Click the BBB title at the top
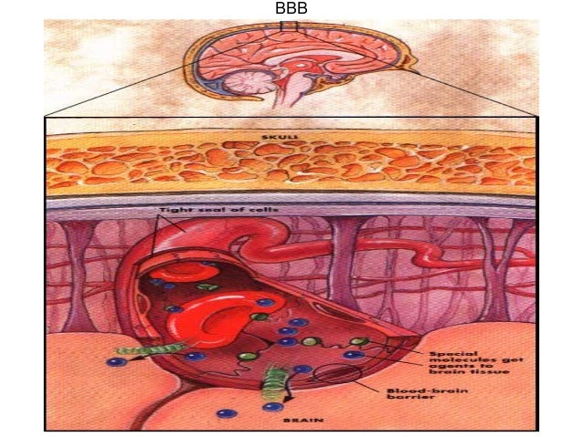pos(291,8)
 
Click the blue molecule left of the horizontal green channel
pos(115,361)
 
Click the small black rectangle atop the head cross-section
pos(290,26)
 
